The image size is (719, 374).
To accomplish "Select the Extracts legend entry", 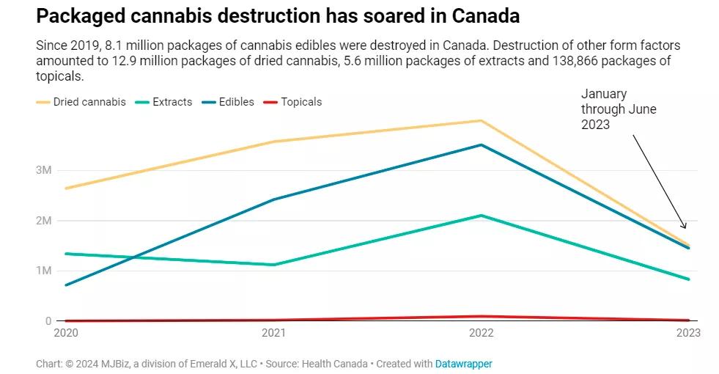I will click(166, 102).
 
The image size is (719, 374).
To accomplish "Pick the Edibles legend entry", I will click(230, 102).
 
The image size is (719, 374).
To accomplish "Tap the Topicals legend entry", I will click(295, 102).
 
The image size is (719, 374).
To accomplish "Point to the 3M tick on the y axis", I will click(43, 170).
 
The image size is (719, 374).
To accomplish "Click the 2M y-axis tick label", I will click(43, 221).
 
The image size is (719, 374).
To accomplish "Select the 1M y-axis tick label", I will click(43, 271).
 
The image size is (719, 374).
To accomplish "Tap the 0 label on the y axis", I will click(48, 321).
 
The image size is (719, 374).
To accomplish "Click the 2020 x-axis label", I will click(67, 333).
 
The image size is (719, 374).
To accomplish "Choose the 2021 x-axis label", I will click(273, 333).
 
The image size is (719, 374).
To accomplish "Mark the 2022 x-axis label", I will click(481, 333).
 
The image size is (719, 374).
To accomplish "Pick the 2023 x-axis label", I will click(688, 333).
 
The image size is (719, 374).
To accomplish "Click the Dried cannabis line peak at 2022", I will click(481, 121).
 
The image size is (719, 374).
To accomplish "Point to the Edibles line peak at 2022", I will click(481, 145).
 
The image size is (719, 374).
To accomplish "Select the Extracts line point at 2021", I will click(273, 265).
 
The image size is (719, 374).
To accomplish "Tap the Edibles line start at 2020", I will click(66, 285).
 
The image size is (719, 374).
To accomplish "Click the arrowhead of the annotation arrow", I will click(685, 227).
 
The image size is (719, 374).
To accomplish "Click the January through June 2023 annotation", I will click(618, 109).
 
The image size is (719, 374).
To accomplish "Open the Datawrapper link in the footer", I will click(463, 364).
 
